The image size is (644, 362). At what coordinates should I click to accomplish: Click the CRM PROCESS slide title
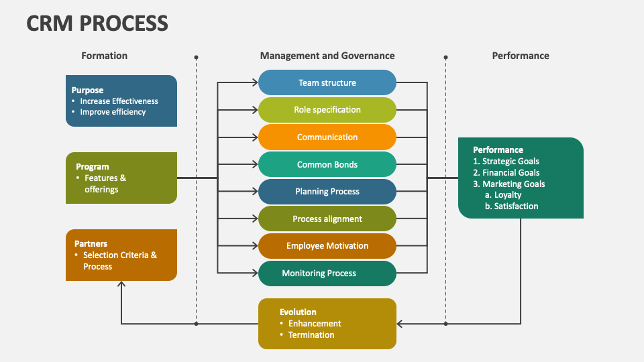coord(97,23)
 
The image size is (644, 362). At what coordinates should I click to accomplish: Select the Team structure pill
coord(327,82)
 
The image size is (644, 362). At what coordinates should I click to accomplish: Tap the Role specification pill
coord(327,110)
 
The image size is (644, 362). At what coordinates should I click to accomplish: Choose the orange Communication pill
coord(327,137)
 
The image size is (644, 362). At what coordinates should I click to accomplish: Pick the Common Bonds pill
coord(327,164)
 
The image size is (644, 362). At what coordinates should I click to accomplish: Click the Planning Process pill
coord(327,192)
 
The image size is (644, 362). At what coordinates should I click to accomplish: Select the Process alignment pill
coord(327,219)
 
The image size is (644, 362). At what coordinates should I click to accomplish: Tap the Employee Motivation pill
coord(327,246)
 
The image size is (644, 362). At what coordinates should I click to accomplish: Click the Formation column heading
coord(104,56)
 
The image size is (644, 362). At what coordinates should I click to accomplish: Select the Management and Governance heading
coord(327,56)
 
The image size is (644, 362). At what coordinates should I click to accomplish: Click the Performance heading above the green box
coord(521,56)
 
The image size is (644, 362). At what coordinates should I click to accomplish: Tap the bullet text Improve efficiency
coord(113,112)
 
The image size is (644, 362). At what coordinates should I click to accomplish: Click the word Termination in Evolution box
coord(311,335)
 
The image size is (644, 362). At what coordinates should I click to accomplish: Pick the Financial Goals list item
coord(511,172)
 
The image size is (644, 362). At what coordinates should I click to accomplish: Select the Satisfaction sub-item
coord(516,206)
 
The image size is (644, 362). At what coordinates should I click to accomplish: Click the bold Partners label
coord(91,244)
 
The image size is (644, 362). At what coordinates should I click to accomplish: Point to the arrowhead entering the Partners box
coord(121,285)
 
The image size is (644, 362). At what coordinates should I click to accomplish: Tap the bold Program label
coord(93,167)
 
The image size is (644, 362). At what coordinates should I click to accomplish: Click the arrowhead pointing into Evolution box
coord(400,324)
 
